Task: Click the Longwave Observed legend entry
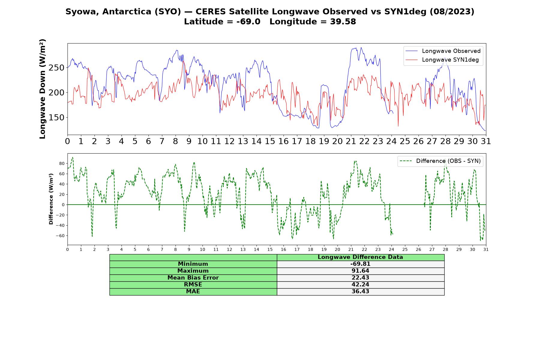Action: pyautogui.click(x=443, y=51)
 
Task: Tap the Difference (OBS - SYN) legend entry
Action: pyautogui.click(x=440, y=161)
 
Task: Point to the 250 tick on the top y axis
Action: pyautogui.click(x=56, y=68)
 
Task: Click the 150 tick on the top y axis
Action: pyautogui.click(x=56, y=118)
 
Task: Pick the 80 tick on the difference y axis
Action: pyautogui.click(x=62, y=163)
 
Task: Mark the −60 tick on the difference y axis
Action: pyautogui.click(x=60, y=236)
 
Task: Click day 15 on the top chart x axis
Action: pyautogui.click(x=270, y=141)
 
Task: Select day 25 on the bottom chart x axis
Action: pyautogui.click(x=405, y=250)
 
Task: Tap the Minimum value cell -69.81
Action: pyautogui.click(x=360, y=264)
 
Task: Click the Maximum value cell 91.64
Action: pyautogui.click(x=360, y=271)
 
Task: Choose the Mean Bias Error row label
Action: pyautogui.click(x=193, y=278)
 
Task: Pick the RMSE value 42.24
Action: pyautogui.click(x=360, y=285)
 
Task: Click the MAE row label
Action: pyautogui.click(x=193, y=292)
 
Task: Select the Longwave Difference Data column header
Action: pyautogui.click(x=360, y=257)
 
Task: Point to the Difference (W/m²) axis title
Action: pyautogui.click(x=51, y=199)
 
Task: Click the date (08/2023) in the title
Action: pyautogui.click(x=452, y=12)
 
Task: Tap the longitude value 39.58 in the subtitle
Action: pyautogui.click(x=343, y=22)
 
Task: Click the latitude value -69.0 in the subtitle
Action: pyautogui.click(x=248, y=22)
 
